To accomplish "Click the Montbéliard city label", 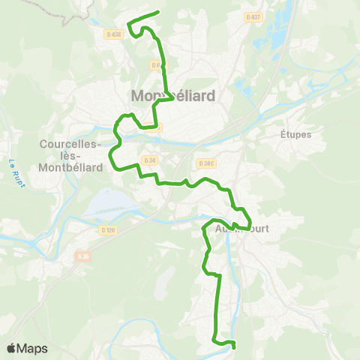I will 172,96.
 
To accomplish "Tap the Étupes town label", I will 295,135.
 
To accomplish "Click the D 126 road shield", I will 108,230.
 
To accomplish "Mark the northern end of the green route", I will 159,12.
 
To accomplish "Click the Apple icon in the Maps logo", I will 11,348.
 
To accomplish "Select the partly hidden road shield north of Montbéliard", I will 156,65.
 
